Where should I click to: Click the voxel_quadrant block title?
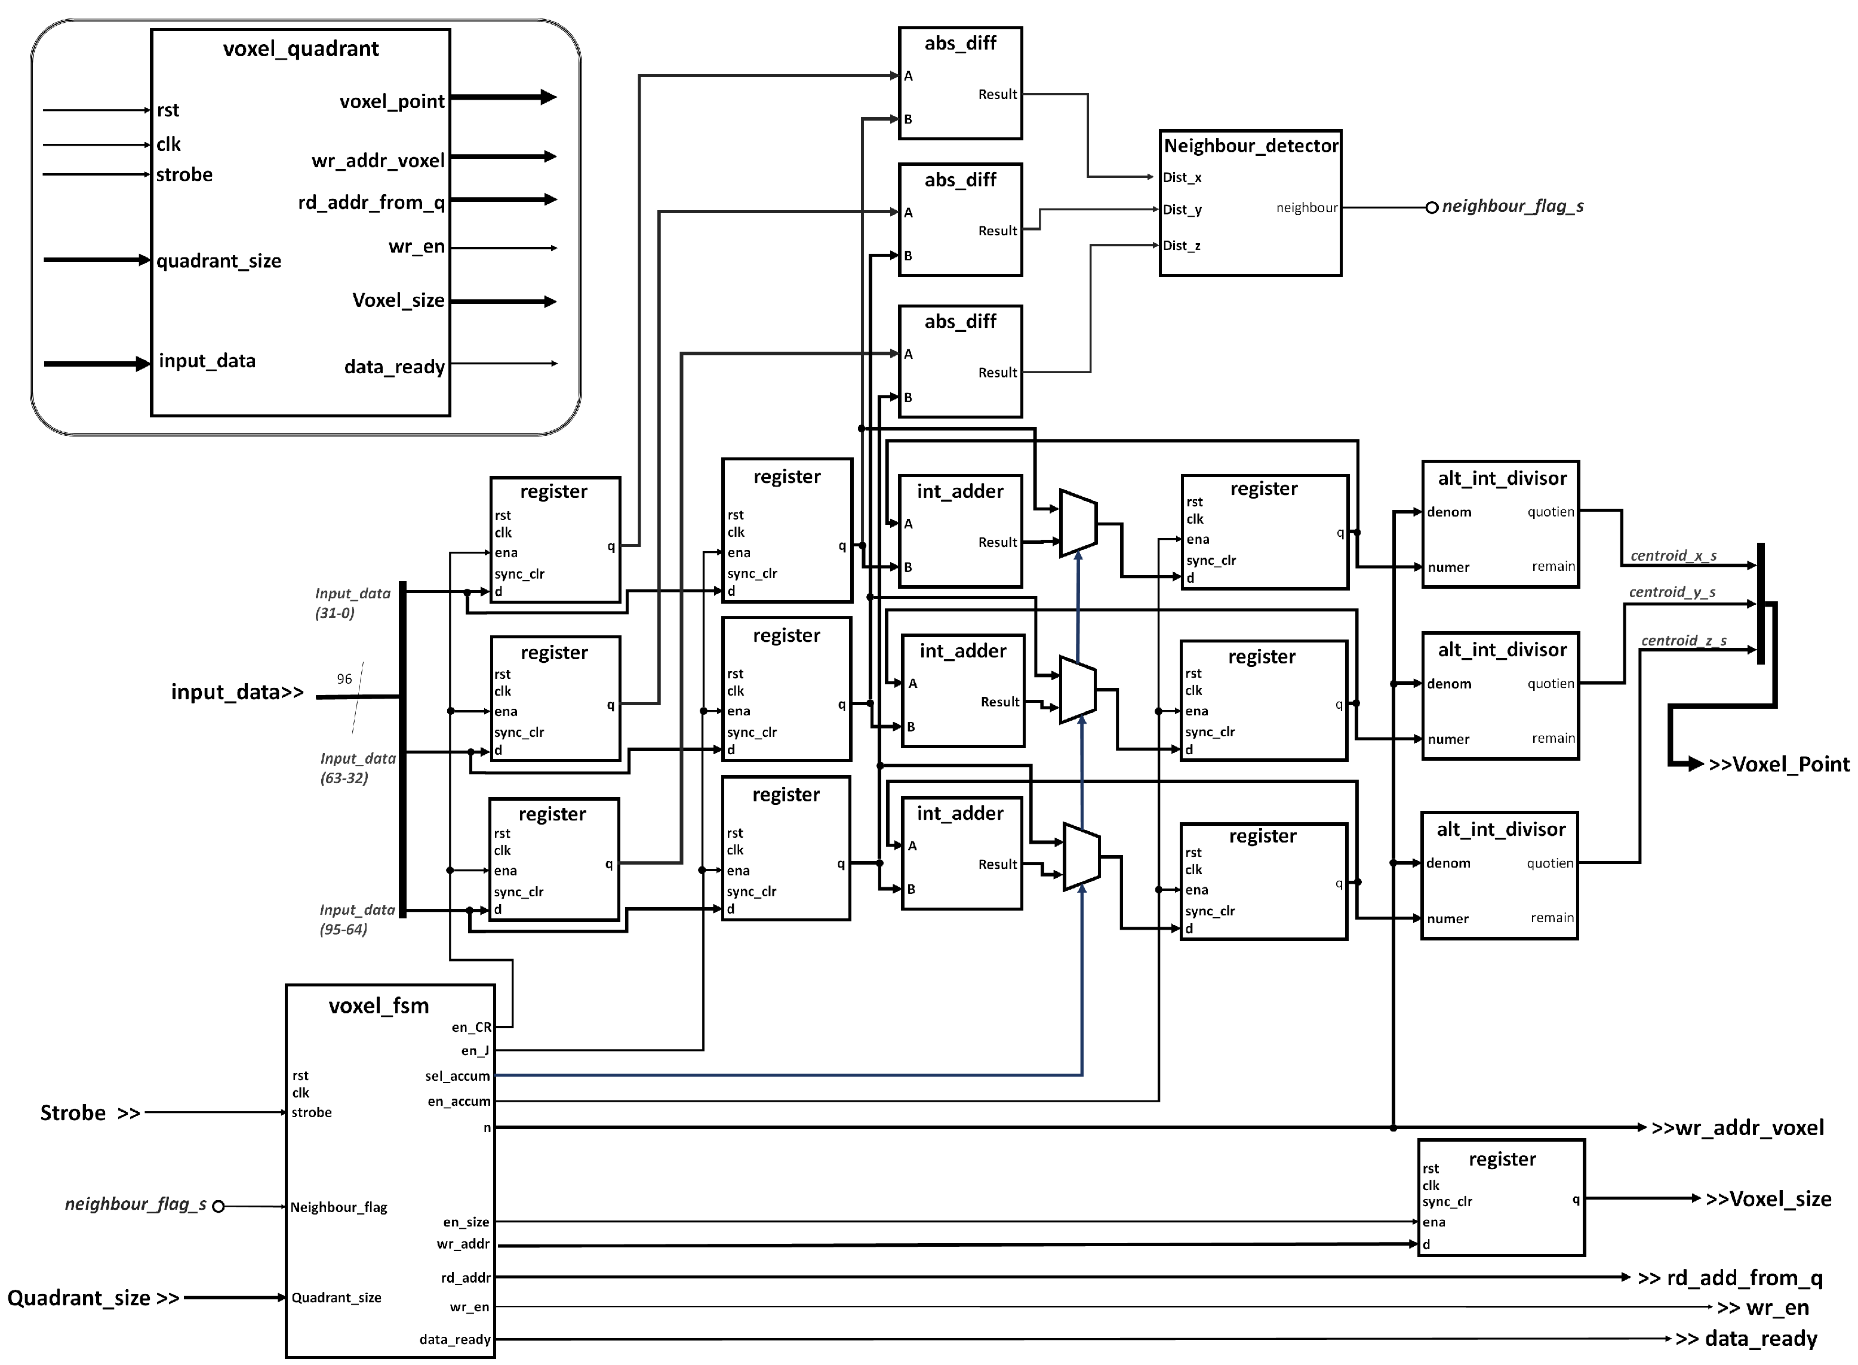pos(301,50)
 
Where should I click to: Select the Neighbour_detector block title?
pos(1250,146)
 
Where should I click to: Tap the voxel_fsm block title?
pos(379,1006)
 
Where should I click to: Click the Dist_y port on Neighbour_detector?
pos(1182,210)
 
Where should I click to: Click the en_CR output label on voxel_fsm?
pos(471,1027)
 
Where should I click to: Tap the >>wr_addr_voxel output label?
pos(1737,1128)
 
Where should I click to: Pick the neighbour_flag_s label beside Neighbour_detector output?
pos(1512,207)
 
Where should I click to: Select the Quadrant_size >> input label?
pos(93,1298)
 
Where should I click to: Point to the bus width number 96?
pos(344,679)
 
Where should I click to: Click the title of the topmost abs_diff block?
pos(960,43)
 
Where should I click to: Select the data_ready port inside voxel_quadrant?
pos(394,367)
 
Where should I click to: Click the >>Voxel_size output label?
pos(1768,1199)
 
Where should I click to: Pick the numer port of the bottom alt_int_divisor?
pos(1447,919)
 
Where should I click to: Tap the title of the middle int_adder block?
pos(962,651)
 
